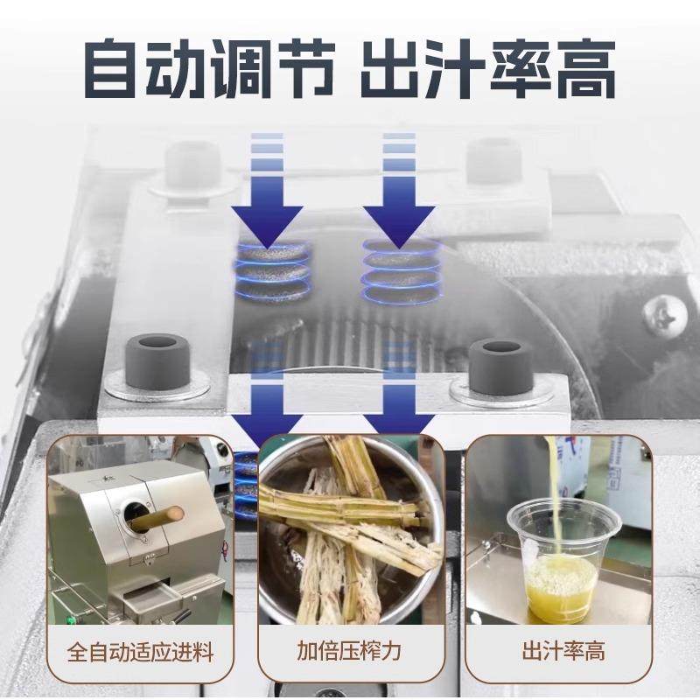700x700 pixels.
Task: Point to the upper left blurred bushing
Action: click(193, 162)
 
